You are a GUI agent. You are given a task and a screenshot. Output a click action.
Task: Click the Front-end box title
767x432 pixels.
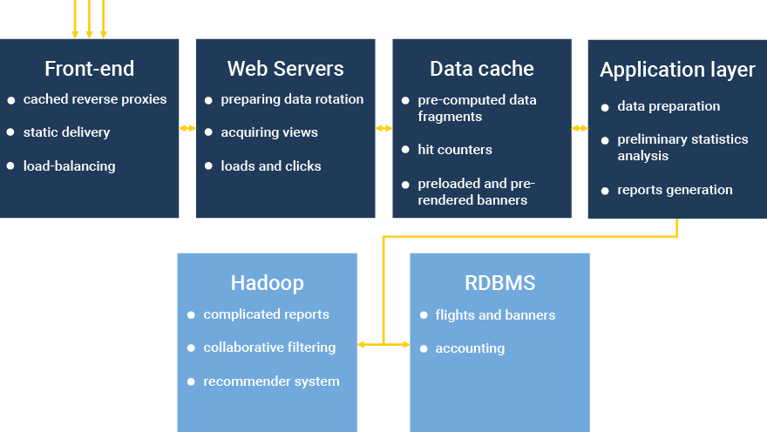pos(90,68)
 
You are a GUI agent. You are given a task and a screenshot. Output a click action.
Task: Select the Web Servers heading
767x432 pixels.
pos(285,68)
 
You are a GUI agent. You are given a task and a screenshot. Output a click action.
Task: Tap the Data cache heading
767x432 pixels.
pos(481,68)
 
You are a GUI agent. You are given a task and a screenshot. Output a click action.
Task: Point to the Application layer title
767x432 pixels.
pos(677,70)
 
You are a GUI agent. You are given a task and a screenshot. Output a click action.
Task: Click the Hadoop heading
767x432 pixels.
pos(267,283)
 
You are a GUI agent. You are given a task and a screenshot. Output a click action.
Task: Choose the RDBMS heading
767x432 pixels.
pos(499,283)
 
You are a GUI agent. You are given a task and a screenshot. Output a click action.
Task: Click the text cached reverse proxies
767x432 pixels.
pos(95,99)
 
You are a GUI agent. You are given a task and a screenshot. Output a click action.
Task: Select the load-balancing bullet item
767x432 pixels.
pos(69,165)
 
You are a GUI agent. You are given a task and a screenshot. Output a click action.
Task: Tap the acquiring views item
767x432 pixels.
pos(269,132)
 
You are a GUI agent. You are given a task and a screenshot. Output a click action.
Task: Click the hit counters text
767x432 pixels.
pos(455,150)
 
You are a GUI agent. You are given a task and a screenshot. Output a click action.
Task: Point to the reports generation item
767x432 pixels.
pos(675,190)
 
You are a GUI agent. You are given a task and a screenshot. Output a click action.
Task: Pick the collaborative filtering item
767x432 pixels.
pos(269,348)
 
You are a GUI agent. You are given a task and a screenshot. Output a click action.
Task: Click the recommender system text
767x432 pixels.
pos(271,381)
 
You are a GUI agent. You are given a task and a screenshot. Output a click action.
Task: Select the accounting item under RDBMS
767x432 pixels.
pos(470,348)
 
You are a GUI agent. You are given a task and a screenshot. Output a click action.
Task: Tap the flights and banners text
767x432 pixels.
pos(495,315)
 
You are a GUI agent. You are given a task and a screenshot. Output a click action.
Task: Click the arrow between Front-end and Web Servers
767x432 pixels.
pos(187,129)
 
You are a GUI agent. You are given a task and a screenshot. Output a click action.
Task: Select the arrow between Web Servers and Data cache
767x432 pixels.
pos(383,129)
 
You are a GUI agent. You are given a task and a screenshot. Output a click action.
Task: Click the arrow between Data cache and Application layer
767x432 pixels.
pos(580,129)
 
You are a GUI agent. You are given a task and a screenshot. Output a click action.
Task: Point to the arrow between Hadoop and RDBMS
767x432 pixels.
pos(383,345)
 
